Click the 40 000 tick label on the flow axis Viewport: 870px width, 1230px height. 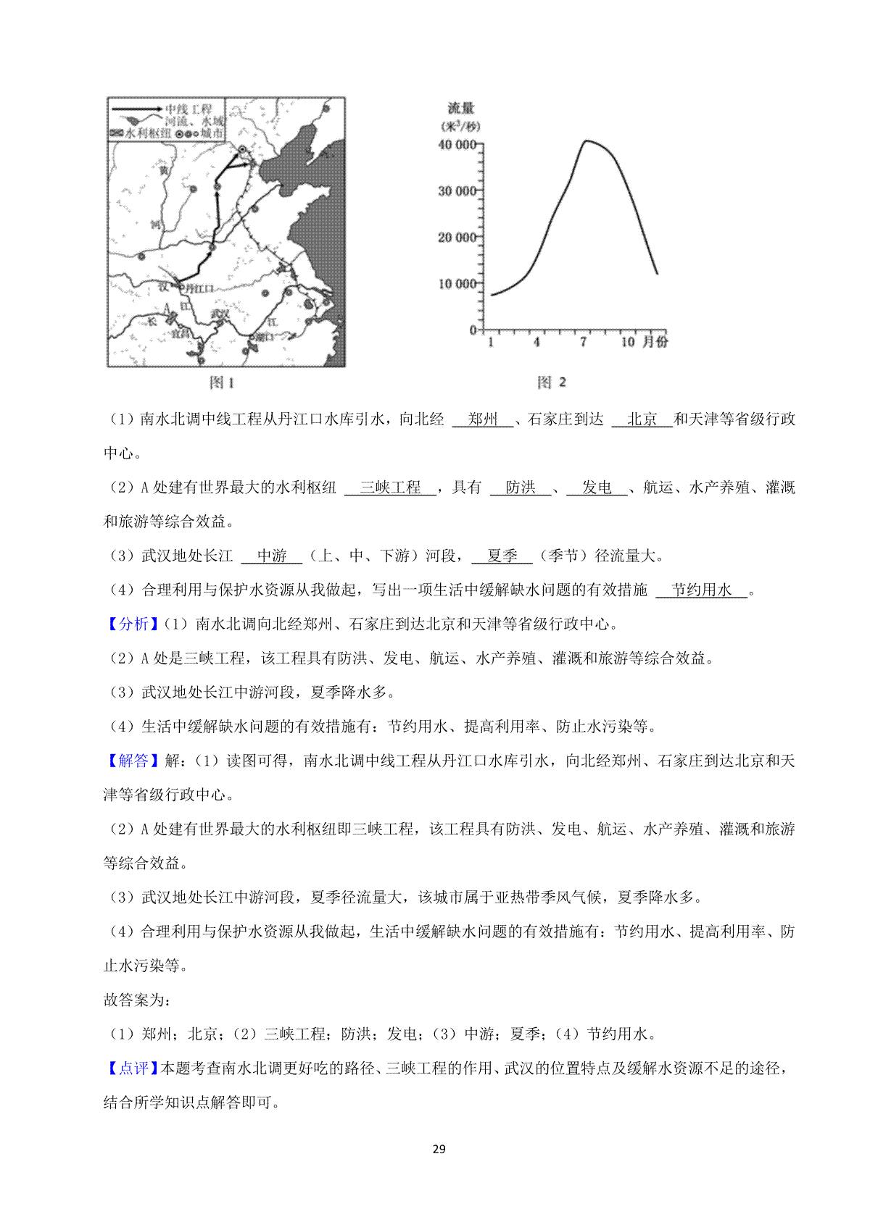click(x=457, y=145)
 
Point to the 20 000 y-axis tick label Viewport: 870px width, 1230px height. click(x=457, y=238)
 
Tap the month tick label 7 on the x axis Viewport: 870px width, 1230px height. click(x=583, y=342)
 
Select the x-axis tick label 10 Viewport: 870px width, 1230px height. click(x=628, y=342)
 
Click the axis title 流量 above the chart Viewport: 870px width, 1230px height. click(x=460, y=109)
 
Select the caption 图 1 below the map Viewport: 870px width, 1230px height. click(x=221, y=382)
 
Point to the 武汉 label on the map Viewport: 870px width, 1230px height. click(x=219, y=314)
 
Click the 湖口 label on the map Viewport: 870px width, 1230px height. click(x=265, y=337)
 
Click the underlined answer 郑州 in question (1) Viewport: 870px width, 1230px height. click(x=483, y=419)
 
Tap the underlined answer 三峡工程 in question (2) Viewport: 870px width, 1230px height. click(x=390, y=488)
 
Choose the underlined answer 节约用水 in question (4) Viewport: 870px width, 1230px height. click(x=701, y=590)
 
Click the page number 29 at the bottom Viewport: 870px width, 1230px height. click(x=439, y=1149)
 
